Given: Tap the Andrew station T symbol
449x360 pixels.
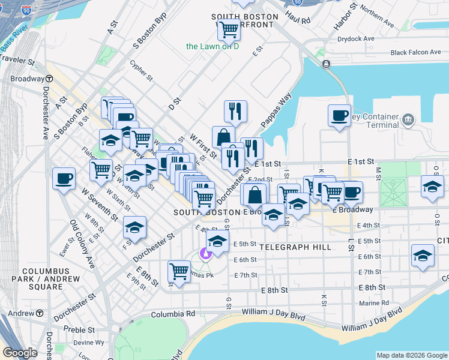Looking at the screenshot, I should (x=40, y=313).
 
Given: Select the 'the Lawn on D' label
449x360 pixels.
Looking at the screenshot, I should (x=212, y=46).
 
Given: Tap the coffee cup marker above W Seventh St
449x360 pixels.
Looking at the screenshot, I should (x=64, y=178).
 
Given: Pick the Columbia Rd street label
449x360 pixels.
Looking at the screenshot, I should (x=173, y=314).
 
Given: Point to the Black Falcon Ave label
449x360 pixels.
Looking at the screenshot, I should (x=416, y=53).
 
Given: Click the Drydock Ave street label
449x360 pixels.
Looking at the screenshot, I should (x=355, y=38).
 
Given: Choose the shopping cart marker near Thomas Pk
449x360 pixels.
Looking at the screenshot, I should (x=179, y=271).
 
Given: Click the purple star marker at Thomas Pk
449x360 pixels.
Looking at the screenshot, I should (x=206, y=254).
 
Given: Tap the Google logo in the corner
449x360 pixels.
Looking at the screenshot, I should (x=20, y=353).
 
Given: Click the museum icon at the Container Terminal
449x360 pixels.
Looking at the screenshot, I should (x=408, y=119).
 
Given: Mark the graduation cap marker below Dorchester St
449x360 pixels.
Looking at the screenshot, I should (x=135, y=227).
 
